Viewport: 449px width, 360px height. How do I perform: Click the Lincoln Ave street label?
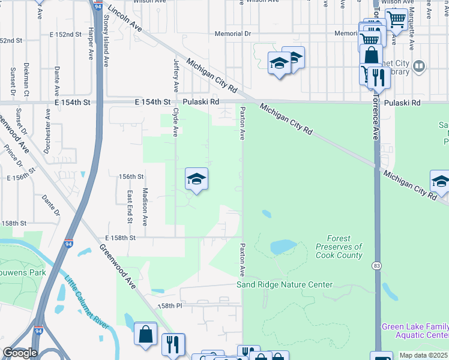125,19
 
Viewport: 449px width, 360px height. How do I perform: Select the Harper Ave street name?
91,43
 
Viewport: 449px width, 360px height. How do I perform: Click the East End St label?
130,203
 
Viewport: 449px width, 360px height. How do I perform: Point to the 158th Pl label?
169,306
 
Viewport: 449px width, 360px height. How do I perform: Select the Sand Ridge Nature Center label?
284,284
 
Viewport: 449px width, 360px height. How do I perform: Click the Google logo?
20,353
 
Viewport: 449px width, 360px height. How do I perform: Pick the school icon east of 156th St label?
196,179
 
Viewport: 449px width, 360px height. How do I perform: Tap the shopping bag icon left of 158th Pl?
146,334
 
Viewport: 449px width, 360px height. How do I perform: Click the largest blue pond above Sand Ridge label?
283,247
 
